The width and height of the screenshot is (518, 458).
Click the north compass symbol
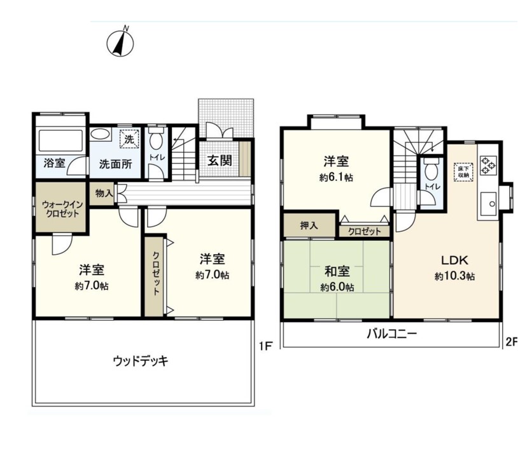[120, 42]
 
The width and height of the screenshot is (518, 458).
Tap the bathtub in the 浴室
[60, 141]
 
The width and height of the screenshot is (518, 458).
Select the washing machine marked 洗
[129, 139]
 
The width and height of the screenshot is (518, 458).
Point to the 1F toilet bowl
[156, 140]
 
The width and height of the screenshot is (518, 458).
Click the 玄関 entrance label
[220, 161]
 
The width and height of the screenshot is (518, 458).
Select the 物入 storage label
[104, 193]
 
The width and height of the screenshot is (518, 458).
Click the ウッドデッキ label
[141, 361]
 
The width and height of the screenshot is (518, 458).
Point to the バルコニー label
[392, 334]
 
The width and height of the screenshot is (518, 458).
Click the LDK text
[455, 260]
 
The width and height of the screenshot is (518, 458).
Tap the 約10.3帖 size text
[455, 276]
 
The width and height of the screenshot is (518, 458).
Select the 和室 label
[337, 272]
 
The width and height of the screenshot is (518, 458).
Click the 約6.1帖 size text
[336, 178]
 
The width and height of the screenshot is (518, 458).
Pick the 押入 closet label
[309, 226]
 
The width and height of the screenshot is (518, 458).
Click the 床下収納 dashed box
[463, 172]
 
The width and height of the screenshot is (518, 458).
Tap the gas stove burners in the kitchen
[488, 165]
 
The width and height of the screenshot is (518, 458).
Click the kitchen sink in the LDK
[489, 204]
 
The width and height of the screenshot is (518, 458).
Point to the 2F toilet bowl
[430, 171]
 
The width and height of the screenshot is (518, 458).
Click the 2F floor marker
[512, 342]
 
